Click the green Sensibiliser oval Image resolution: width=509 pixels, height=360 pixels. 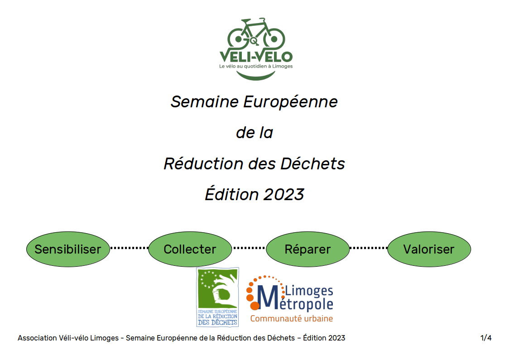(68, 249)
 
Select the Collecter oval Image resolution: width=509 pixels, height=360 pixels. (190, 249)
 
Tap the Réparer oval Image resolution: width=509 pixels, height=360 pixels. (308, 249)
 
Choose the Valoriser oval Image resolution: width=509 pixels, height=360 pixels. (429, 249)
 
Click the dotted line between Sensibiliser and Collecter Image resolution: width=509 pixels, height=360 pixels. (129, 248)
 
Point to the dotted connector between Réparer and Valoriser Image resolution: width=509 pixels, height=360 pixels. (369, 248)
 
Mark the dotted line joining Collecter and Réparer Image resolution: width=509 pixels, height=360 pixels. (249, 248)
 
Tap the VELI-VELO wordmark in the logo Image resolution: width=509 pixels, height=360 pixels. (256, 57)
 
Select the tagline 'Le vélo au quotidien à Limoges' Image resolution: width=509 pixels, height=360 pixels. (256, 66)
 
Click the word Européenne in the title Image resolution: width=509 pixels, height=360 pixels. (291, 102)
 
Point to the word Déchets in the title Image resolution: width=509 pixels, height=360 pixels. (312, 163)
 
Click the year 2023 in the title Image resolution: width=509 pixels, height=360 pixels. (283, 194)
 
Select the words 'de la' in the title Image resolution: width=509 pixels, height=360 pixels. (254, 132)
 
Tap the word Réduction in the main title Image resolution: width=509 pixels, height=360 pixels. (203, 163)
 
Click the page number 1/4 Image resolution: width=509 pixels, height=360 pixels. (486, 338)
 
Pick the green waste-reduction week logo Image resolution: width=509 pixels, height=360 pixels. (218, 297)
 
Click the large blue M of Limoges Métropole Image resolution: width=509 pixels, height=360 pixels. (268, 297)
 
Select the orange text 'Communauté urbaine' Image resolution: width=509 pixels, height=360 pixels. (292, 319)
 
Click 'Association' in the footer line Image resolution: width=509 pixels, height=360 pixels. (37, 338)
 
